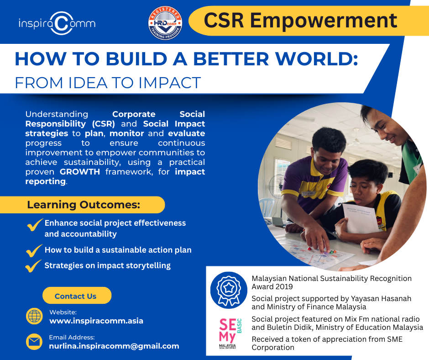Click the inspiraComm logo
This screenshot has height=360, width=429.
[x=57, y=23]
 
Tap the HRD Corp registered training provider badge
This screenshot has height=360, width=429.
[x=165, y=23]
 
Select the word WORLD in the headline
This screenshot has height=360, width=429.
[x=316, y=58]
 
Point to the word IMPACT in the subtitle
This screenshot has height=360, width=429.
[x=170, y=83]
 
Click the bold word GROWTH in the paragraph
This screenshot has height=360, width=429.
[x=80, y=172]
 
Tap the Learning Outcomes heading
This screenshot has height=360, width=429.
[x=84, y=205]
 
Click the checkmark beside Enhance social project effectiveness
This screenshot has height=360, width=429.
[x=35, y=225]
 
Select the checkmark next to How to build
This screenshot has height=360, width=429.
[x=34, y=250]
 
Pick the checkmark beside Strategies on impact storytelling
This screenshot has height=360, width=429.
[x=33, y=266]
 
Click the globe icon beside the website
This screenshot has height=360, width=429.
[x=34, y=316]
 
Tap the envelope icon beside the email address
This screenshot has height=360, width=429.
[x=34, y=342]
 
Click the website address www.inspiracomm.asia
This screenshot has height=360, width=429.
[x=96, y=321]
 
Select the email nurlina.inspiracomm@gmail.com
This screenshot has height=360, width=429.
[x=114, y=346]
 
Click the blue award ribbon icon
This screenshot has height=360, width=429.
[x=229, y=290]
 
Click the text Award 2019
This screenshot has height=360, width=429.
[x=272, y=286]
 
